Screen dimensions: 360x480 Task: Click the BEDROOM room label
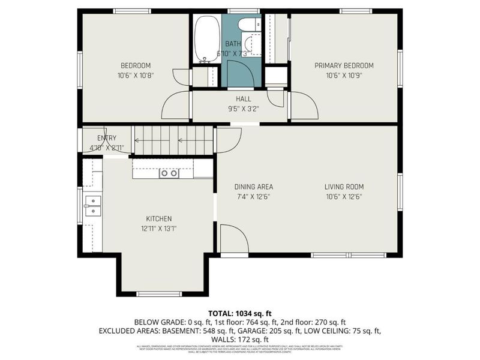click(136, 65)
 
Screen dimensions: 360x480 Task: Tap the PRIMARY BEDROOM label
click(350, 65)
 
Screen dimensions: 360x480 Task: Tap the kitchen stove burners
click(169, 173)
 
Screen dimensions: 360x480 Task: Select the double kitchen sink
click(92, 205)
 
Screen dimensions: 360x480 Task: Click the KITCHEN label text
click(159, 218)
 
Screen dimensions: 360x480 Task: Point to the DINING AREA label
click(253, 187)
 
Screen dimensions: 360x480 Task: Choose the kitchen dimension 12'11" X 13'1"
click(159, 228)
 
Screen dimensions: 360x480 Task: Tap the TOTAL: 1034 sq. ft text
click(239, 313)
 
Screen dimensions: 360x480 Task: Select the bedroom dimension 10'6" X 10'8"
click(136, 76)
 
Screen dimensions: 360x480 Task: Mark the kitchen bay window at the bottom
click(159, 293)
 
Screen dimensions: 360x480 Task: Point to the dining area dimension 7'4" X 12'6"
click(253, 196)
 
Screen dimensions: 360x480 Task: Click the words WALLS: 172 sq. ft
click(239, 339)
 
